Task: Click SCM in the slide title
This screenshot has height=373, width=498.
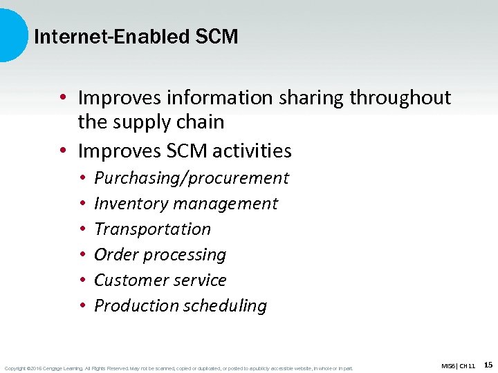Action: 216,37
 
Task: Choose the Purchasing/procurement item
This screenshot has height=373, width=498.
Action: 191,178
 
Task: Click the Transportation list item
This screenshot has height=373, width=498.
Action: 152,229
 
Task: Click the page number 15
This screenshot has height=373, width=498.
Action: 488,365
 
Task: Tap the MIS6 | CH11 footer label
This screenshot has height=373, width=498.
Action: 458,365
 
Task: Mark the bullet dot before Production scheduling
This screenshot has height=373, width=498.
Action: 82,306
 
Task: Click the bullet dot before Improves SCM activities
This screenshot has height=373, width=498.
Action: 63,151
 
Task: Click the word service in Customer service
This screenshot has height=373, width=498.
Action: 201,280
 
